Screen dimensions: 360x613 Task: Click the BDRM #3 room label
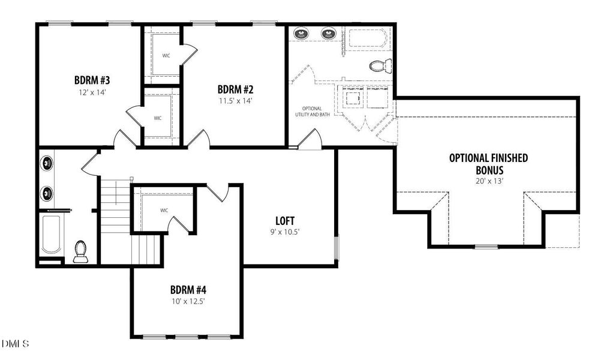[x=91, y=80]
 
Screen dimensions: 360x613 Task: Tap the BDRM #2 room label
[x=235, y=89]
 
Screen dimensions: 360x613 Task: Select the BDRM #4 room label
[x=188, y=289]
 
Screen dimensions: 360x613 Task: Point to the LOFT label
[x=285, y=220]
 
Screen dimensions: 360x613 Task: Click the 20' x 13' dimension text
[x=489, y=180]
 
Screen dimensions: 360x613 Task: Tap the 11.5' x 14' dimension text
[x=235, y=101]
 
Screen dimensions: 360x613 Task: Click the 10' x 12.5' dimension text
[x=188, y=301]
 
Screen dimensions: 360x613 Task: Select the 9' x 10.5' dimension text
[x=285, y=232]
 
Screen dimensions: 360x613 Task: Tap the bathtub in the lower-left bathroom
[x=50, y=234]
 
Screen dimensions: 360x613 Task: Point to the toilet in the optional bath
[x=378, y=65]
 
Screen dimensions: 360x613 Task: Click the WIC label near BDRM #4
[x=164, y=211]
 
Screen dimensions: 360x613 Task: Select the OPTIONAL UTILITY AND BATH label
[x=312, y=111]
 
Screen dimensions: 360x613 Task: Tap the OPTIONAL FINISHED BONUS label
[x=488, y=163]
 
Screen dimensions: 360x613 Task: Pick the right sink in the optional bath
[x=329, y=34]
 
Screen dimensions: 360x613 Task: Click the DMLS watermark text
[x=15, y=344]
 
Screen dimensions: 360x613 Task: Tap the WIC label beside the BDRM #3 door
[x=158, y=118]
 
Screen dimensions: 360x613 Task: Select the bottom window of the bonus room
[x=486, y=247]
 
